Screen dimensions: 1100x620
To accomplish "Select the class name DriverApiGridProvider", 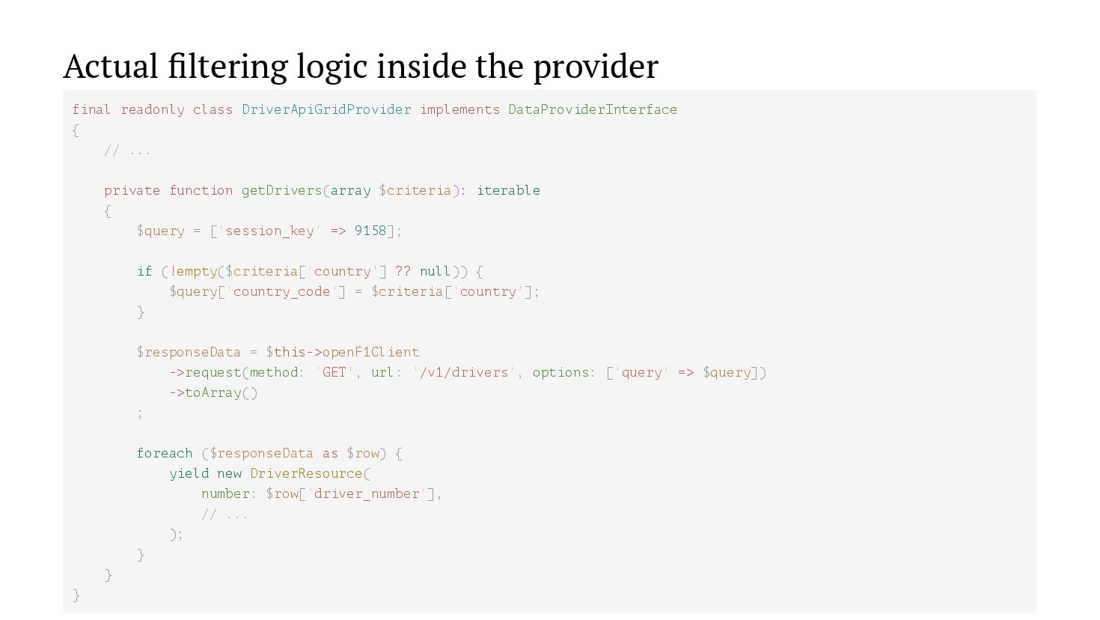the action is [326, 110].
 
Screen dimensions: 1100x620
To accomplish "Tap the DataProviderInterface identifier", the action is [593, 110].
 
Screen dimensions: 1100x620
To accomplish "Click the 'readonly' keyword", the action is [153, 110].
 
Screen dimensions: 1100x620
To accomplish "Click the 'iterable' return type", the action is [508, 191].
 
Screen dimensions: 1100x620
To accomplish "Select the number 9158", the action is [370, 231].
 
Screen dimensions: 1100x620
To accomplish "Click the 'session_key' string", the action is [269, 231].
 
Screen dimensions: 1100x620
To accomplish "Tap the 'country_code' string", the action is [281, 291].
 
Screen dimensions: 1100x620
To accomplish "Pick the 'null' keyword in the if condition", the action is [435, 271].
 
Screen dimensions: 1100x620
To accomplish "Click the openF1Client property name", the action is [370, 352].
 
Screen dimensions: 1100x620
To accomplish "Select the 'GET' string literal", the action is [334, 372].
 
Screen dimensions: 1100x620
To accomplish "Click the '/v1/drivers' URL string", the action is [464, 372].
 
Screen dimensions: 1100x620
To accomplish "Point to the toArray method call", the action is [213, 392].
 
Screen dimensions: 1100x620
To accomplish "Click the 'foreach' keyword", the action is [164, 453].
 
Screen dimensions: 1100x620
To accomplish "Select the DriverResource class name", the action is [306, 473].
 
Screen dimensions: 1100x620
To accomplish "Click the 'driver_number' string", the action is [367, 493].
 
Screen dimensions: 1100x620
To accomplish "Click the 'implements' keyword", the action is [459, 110].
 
